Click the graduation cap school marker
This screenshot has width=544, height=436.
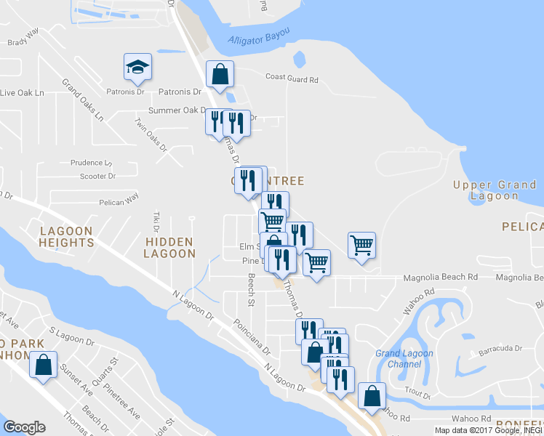137,67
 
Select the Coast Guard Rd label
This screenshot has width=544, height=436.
292,78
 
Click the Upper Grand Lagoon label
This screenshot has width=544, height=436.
495,190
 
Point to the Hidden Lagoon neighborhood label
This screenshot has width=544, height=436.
169,247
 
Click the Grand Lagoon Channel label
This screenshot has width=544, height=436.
404,358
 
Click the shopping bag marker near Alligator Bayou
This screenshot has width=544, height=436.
220,74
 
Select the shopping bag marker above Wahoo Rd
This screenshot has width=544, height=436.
372,397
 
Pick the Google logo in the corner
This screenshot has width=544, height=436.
24,427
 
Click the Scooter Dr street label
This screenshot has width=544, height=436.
97,176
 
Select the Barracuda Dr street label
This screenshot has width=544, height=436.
498,349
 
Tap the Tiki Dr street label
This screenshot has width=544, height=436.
156,219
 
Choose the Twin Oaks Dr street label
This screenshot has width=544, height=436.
151,136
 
